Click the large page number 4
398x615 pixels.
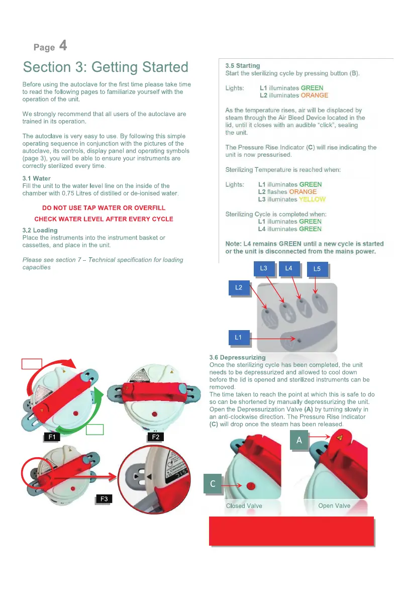click(63, 46)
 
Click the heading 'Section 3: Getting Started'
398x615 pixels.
click(106, 67)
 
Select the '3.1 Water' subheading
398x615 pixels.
click(37, 178)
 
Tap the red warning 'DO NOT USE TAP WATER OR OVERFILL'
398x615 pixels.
click(104, 208)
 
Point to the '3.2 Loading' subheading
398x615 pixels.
click(40, 230)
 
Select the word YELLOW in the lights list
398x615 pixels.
click(312, 199)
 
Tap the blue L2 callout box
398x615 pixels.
click(239, 288)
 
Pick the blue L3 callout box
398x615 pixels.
click(264, 269)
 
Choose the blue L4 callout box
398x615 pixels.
click(288, 269)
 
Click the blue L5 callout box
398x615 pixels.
click(317, 269)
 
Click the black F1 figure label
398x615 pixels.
click(51, 437)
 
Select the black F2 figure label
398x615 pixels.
click(155, 437)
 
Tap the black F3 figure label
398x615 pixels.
click(104, 499)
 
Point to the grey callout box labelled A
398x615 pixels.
click(298, 441)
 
